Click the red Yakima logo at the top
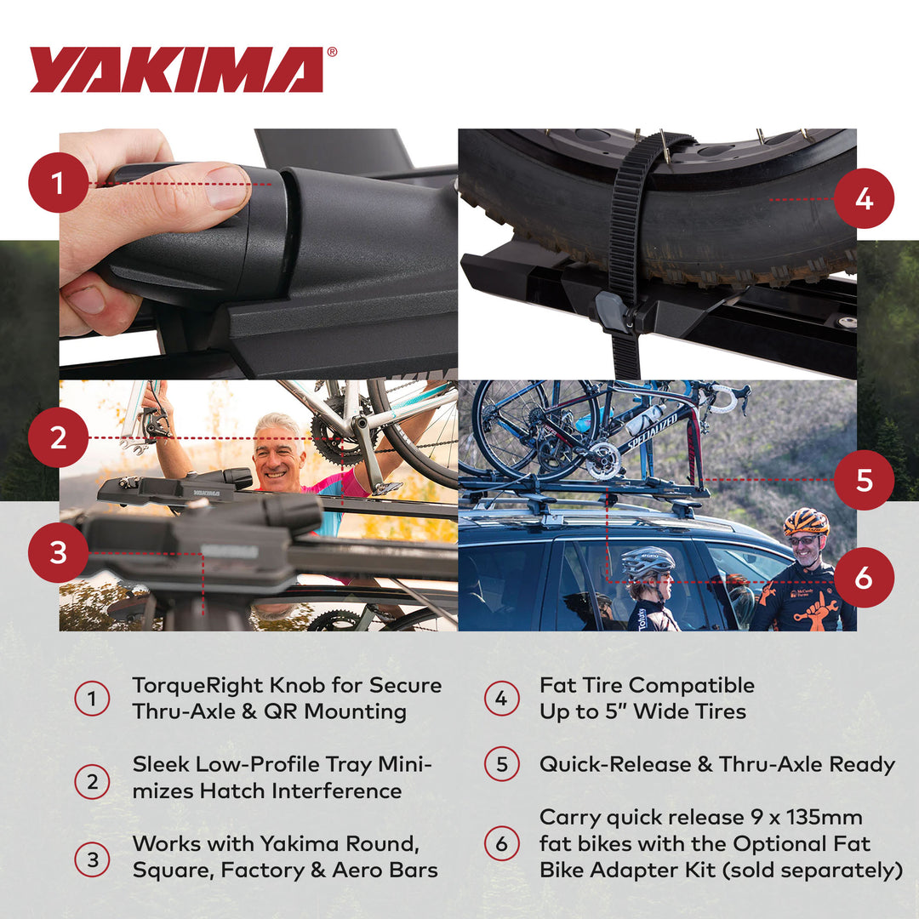pyautogui.click(x=176, y=70)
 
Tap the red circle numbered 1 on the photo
pyautogui.click(x=58, y=183)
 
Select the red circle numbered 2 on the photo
pyautogui.click(x=58, y=437)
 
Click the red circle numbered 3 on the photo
pyautogui.click(x=58, y=552)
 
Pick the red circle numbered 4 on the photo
pyautogui.click(x=864, y=198)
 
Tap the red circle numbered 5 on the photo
pyautogui.click(x=864, y=480)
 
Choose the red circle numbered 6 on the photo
pyautogui.click(x=864, y=578)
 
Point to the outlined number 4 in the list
pyautogui.click(x=501, y=699)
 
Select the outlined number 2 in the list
pyautogui.click(x=92, y=781)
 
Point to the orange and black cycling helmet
pyautogui.click(x=805, y=521)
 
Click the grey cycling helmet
pyautogui.click(x=647, y=561)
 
